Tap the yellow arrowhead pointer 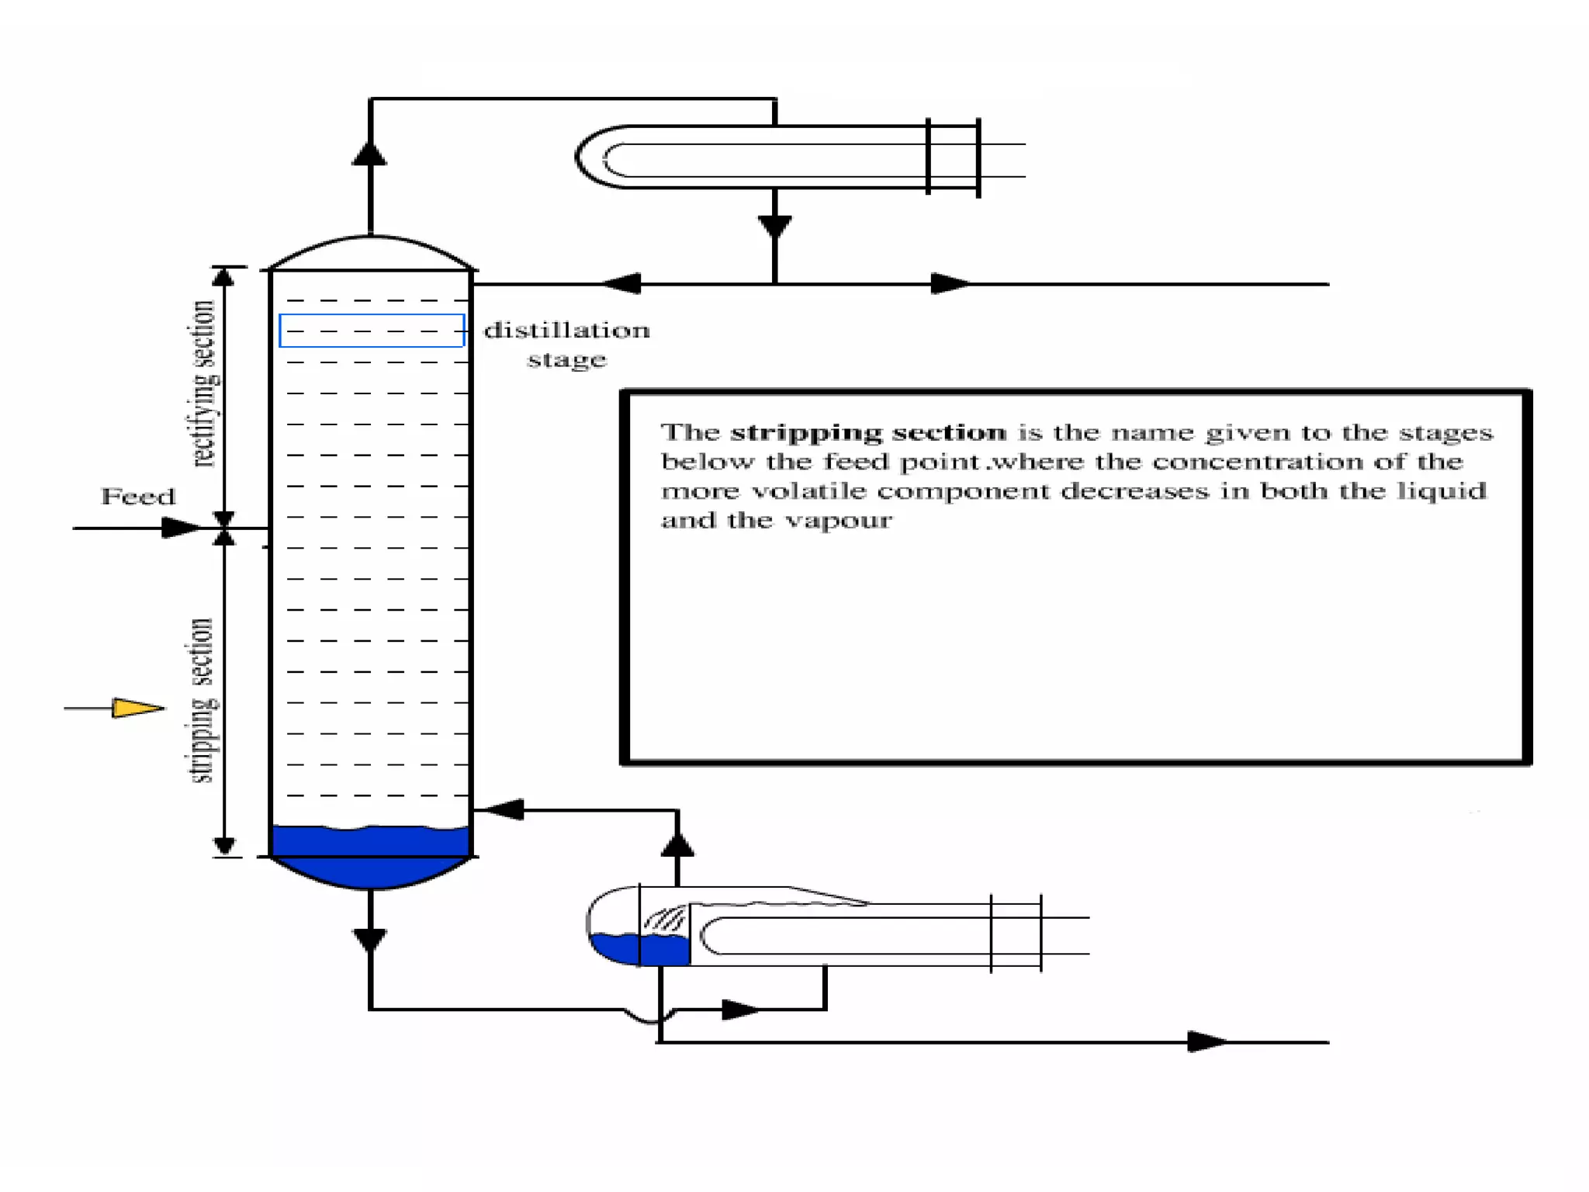click(137, 708)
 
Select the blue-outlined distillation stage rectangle click(372, 331)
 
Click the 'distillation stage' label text click(566, 345)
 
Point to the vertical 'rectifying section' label click(203, 383)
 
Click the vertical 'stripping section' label click(202, 700)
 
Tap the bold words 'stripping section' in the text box click(868, 432)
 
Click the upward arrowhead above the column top click(370, 153)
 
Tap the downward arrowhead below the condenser click(774, 226)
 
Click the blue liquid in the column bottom click(370, 854)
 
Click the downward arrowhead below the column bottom click(370, 940)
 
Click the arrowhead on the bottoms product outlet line click(1207, 1042)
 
